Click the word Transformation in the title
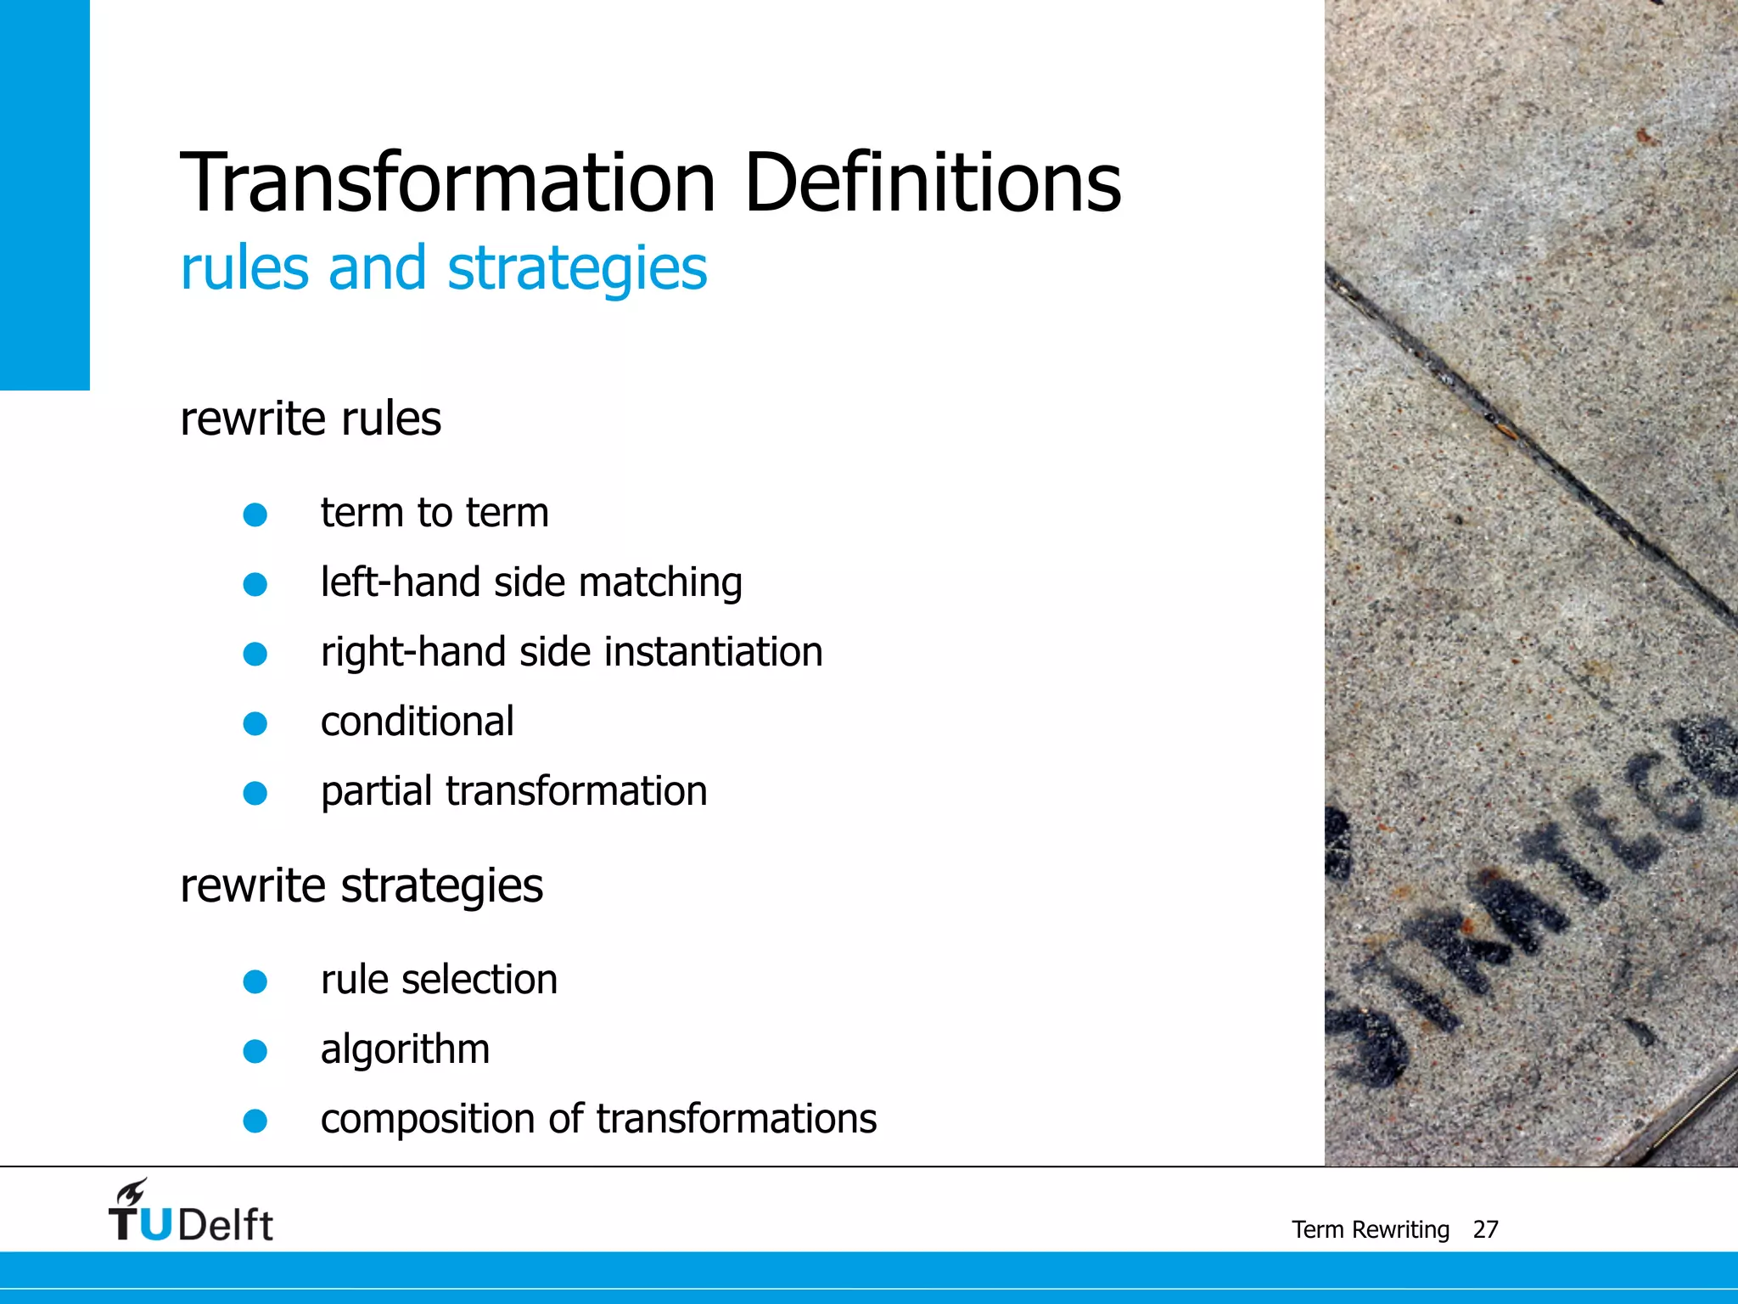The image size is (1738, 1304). pos(448,183)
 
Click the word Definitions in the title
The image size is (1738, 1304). pos(933,183)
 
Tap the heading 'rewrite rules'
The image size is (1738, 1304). pos(311,419)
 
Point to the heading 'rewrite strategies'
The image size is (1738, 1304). pos(362,886)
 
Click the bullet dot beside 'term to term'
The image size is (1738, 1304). pos(255,514)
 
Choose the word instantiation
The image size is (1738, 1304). pos(714,653)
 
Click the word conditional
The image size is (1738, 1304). pos(418,722)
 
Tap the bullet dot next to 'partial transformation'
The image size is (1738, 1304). pos(255,793)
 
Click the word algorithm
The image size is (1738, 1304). pos(406,1050)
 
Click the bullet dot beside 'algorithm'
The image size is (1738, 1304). pos(255,1052)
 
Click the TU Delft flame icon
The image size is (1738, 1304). pos(132,1192)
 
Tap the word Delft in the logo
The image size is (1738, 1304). pos(226,1225)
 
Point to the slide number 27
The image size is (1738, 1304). pos(1485,1229)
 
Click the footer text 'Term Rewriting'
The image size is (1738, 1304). pos(1371,1229)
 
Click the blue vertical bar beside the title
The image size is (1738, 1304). pos(44,194)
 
